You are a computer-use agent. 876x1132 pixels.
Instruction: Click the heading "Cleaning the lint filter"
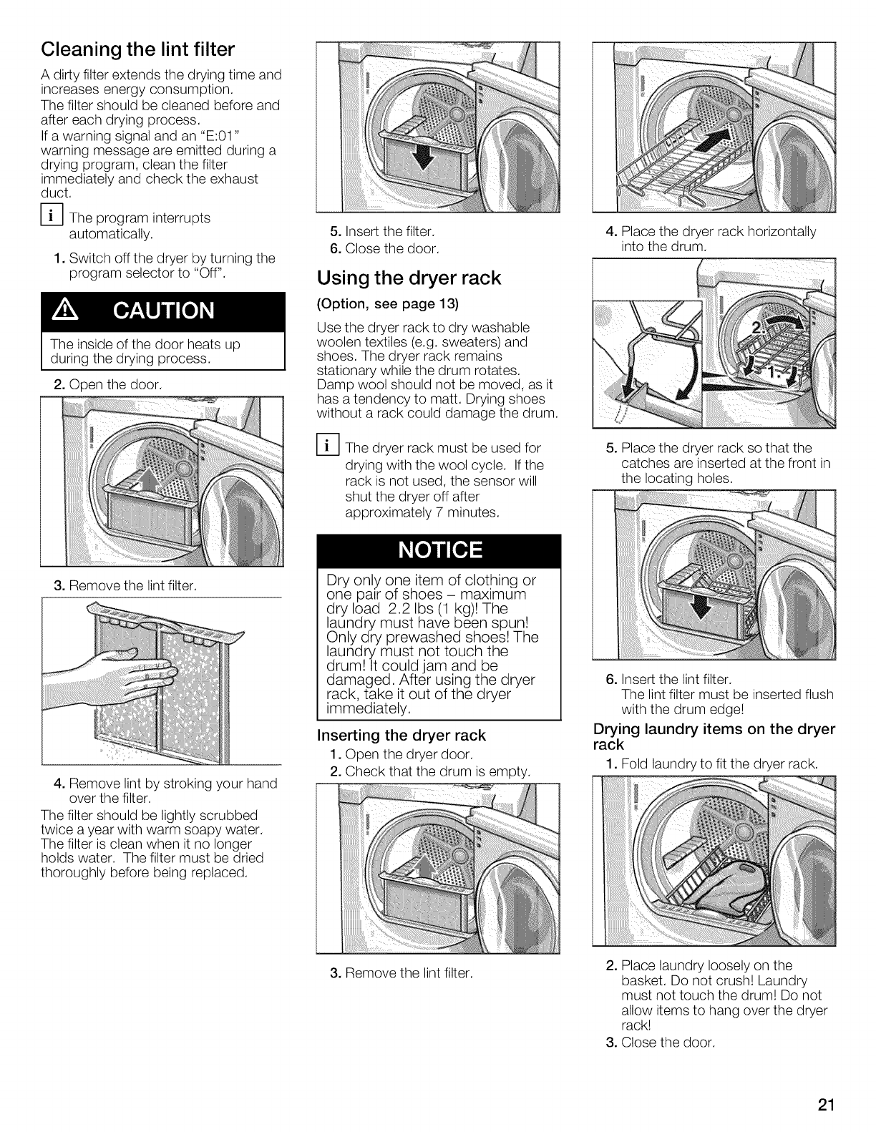137,49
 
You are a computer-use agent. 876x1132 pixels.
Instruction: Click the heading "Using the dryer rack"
409,278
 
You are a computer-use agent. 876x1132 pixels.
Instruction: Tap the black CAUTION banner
162,311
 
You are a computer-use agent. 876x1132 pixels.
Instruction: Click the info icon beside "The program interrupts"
52,218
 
